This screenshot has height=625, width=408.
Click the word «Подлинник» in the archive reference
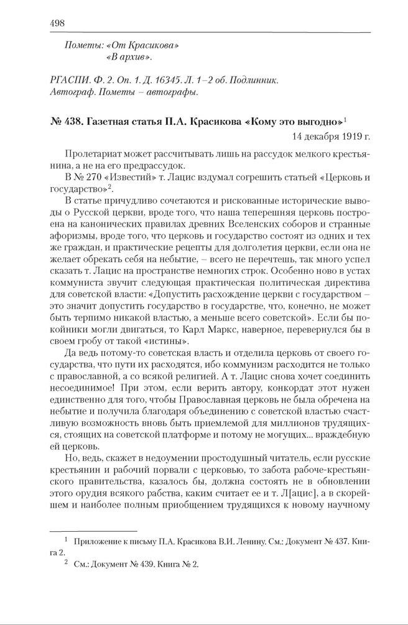pos(255,81)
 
